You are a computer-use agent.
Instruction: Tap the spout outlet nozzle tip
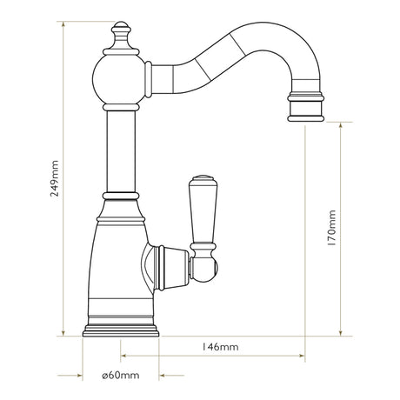pyautogui.click(x=303, y=109)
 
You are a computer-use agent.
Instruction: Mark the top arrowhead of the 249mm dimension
pyautogui.click(x=66, y=25)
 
